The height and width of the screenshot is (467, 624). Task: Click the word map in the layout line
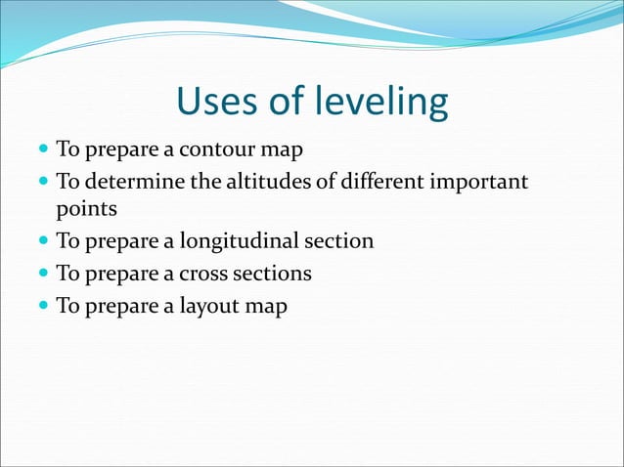point(266,306)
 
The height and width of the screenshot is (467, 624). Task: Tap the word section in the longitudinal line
point(339,241)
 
